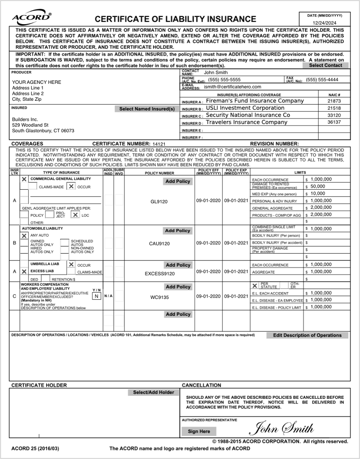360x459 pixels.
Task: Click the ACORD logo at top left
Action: coord(32,18)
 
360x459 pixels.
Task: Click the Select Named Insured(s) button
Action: coord(147,109)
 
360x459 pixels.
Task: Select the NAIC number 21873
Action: coord(334,102)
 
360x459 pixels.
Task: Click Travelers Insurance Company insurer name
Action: coord(246,122)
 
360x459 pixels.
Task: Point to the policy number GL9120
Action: coord(159,202)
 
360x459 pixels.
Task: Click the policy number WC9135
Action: coord(159,297)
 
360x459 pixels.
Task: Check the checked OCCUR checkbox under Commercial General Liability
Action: coord(71,187)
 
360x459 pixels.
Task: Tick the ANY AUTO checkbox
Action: coord(24,235)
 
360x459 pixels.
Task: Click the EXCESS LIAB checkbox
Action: coord(24,271)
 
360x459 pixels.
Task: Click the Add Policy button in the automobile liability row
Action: coord(177,231)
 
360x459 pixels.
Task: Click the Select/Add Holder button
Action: coord(153,393)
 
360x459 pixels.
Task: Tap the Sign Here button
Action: coord(199,431)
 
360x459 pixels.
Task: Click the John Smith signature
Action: coord(282,429)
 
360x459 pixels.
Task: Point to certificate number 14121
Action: coord(159,144)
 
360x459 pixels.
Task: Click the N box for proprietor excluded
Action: coord(97,296)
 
